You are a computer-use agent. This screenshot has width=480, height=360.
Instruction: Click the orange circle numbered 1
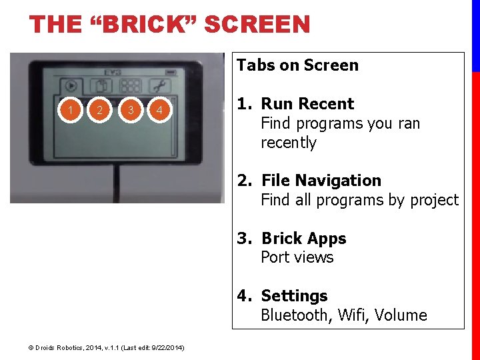coord(71,110)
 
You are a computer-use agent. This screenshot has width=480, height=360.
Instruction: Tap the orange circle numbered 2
coord(99,110)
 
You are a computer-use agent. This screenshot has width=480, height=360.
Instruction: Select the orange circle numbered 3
coord(131,110)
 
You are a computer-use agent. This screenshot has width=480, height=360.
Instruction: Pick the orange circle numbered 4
coord(159,110)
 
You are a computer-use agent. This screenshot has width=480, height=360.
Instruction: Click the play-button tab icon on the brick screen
coord(71,86)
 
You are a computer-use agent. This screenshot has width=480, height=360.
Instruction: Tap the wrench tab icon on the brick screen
coord(160,86)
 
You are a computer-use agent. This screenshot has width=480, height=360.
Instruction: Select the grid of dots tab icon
coord(131,86)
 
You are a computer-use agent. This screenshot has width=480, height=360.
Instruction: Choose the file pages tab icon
coord(101,86)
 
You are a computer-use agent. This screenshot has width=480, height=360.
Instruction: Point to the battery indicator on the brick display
coord(171,73)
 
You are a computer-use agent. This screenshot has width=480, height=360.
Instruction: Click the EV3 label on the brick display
coord(113,73)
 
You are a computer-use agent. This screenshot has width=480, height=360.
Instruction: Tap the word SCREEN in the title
coord(257,24)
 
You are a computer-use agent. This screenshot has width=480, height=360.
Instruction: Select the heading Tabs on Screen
coord(297,65)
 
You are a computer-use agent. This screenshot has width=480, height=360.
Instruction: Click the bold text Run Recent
coord(307,103)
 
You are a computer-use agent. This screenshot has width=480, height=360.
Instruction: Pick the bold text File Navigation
coord(321,180)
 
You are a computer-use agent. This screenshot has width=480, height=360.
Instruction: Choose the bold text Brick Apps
coord(304,239)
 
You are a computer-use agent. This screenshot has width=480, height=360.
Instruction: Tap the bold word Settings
coord(294,296)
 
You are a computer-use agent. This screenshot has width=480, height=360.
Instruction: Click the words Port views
coord(297,257)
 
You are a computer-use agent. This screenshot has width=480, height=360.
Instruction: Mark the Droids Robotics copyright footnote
coord(106,348)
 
